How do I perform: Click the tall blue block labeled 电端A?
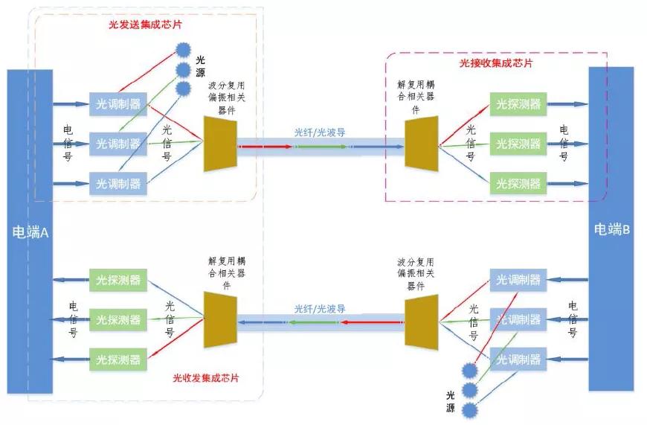coord(30,231)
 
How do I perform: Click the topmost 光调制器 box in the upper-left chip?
coord(118,103)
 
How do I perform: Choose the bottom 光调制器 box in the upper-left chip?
coord(118,182)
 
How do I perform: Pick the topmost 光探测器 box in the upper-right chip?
coord(519,103)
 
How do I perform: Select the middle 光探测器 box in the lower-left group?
coord(118,320)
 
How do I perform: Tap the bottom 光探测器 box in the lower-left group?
coord(118,360)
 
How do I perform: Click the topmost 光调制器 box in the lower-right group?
coord(519,281)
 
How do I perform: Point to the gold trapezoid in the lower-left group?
coord(219,320)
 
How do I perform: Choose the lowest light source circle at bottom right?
coord(470,410)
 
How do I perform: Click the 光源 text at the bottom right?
coord(450,403)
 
